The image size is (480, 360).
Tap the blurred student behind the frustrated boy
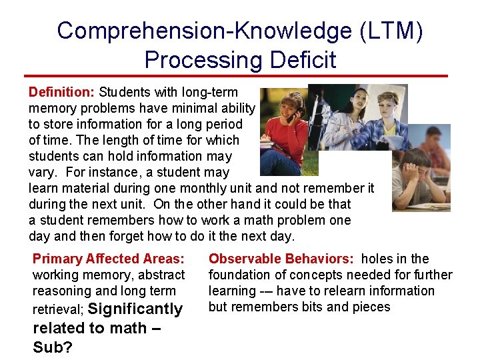pyautogui.click(x=433, y=147)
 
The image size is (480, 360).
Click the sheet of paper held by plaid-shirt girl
pyautogui.click(x=394, y=141)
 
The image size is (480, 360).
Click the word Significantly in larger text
pyautogui.click(x=135, y=309)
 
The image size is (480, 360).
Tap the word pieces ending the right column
pyautogui.click(x=368, y=307)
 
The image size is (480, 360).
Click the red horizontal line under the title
pyautogui.click(x=236, y=76)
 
